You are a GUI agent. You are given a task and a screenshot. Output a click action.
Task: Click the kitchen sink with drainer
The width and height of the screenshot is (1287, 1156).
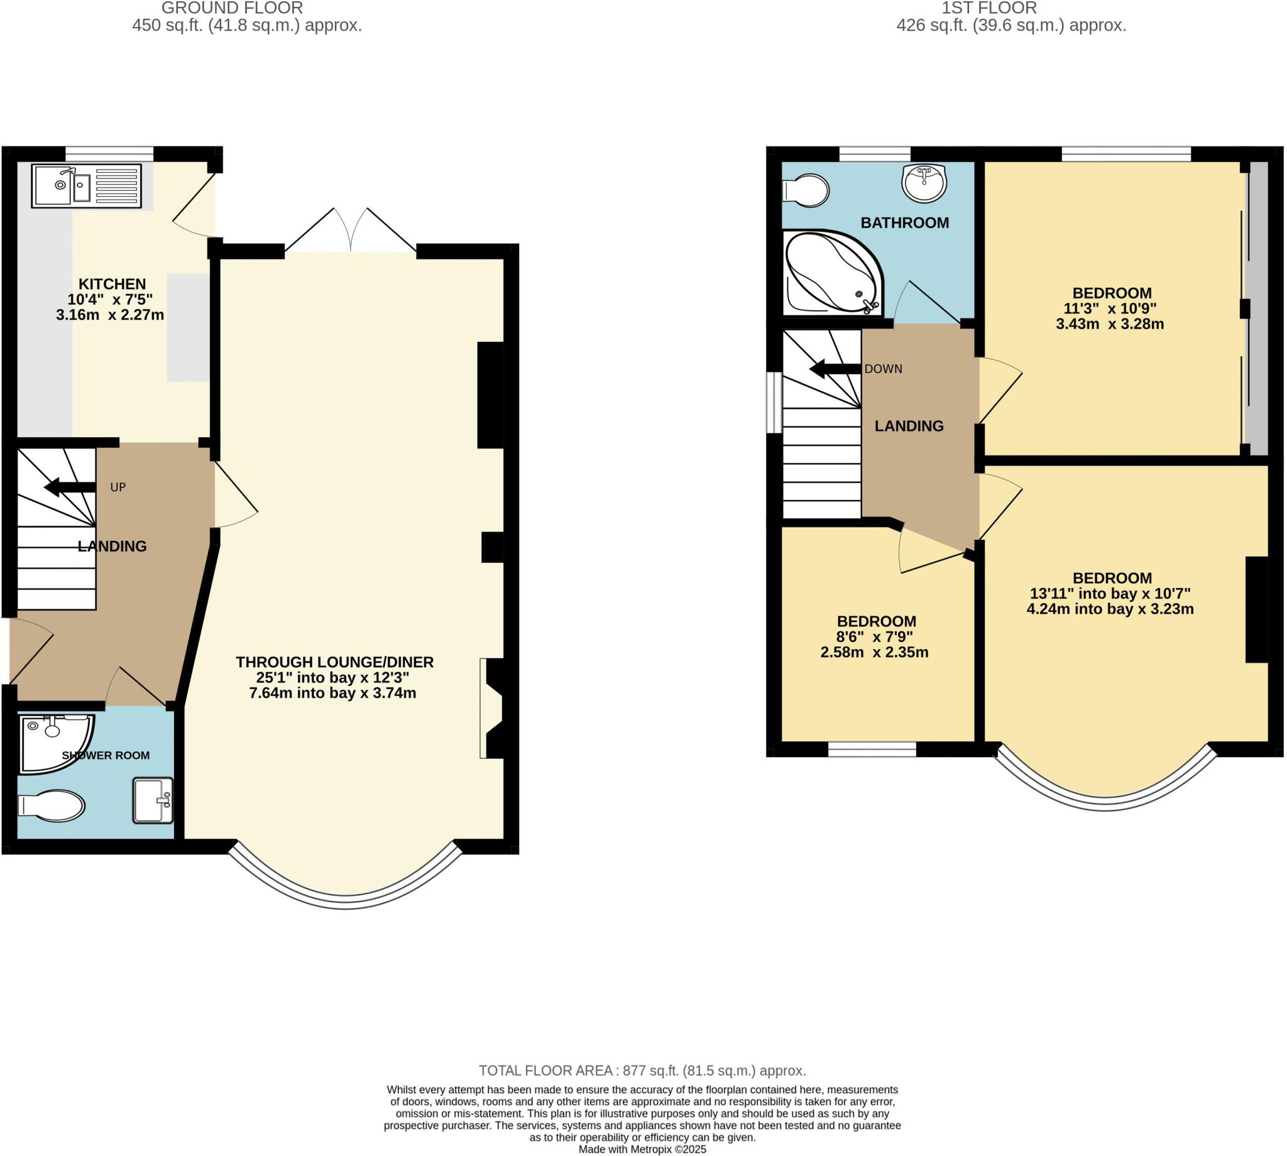point(86,186)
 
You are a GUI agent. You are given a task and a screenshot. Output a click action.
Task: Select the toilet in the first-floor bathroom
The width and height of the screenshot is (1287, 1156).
point(806,190)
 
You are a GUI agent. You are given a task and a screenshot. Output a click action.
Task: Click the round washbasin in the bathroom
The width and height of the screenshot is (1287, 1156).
point(924,182)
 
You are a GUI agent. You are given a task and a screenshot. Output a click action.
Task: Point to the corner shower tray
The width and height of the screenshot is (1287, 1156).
point(54,741)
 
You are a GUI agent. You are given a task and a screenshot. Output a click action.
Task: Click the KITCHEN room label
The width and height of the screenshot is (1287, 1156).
point(112,284)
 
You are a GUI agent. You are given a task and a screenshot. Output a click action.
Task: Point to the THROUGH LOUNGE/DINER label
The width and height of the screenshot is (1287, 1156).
point(335,662)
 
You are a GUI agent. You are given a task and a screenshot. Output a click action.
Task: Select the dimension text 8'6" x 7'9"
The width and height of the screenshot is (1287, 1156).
point(875,636)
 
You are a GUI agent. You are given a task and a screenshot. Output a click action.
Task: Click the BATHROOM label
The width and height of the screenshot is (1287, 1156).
point(904,223)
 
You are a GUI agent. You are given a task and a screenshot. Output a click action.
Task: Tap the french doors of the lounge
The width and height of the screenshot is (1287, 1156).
point(351,232)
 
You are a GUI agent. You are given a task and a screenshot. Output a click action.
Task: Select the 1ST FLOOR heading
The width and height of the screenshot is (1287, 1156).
point(989,8)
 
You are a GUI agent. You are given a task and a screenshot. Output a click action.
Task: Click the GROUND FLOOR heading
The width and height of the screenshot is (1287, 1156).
point(232,8)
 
